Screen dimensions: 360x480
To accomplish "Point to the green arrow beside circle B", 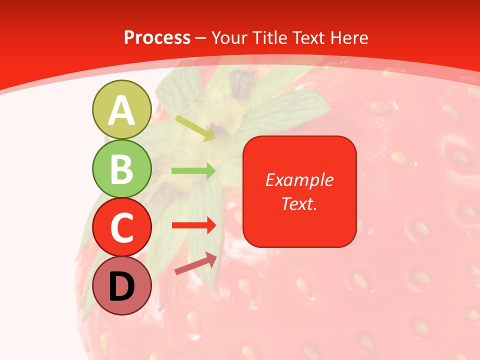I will click(193, 171).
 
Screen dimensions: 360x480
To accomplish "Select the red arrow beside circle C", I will click(193, 225).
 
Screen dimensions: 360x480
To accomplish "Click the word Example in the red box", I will click(299, 180).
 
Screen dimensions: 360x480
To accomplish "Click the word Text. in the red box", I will click(299, 203).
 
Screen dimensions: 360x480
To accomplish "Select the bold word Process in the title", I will click(157, 38).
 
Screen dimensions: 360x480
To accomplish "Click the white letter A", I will click(121, 111).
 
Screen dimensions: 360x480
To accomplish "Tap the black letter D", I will click(121, 287).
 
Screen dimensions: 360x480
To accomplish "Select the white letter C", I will click(121, 228).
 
